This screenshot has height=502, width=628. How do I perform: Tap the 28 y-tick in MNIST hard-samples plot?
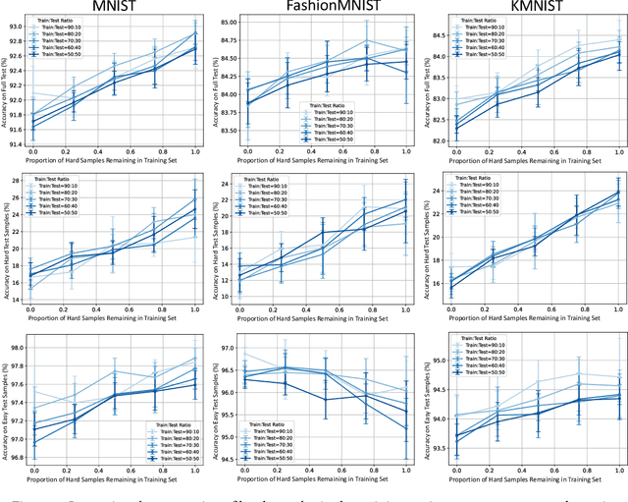tap(22, 181)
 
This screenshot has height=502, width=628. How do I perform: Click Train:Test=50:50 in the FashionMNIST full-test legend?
tap(333, 140)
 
